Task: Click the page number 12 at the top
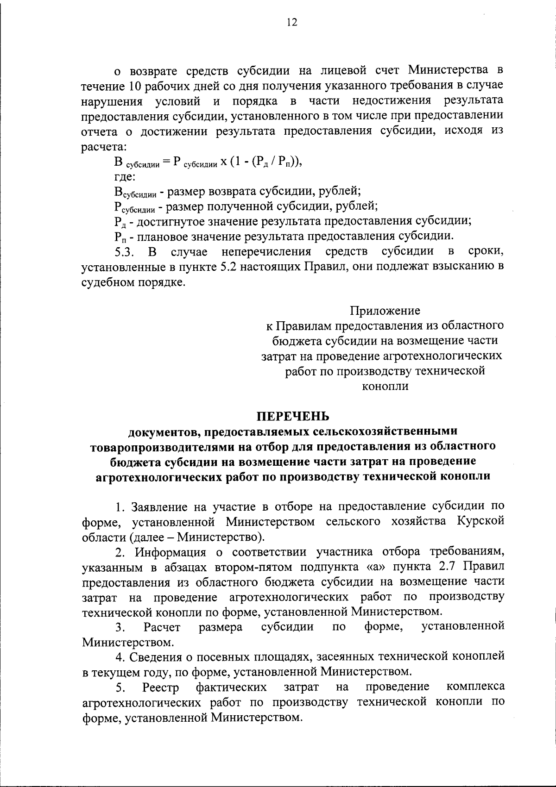coord(291,23)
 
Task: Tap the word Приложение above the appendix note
coord(385,310)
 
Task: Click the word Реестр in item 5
coord(161,687)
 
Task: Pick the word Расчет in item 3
coord(162,627)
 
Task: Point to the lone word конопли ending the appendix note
coord(385,386)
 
